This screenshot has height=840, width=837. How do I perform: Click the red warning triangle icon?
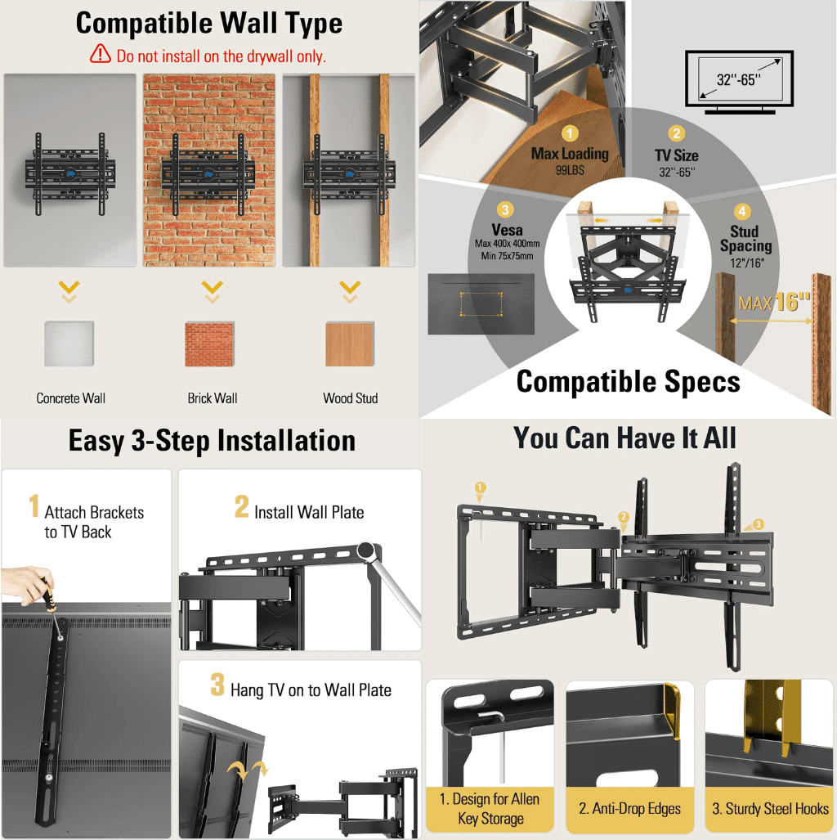click(100, 55)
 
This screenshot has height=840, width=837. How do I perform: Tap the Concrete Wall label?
click(70, 398)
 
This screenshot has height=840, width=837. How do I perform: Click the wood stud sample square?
click(350, 344)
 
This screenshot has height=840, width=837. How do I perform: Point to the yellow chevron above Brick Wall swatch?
click(212, 289)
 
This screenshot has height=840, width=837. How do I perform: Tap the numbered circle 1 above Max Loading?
click(570, 133)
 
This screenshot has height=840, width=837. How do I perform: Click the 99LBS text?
click(570, 168)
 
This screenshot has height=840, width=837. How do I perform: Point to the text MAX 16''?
click(773, 302)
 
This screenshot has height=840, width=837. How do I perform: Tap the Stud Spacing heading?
click(745, 238)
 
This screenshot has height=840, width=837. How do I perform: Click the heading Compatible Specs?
click(628, 382)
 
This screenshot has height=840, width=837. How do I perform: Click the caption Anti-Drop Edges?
click(629, 808)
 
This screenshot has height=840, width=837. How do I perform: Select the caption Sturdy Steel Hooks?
click(770, 808)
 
